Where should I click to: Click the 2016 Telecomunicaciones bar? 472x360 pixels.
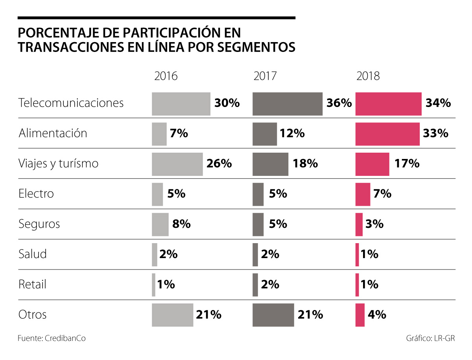[x=181, y=104]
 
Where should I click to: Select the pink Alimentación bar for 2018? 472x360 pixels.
[x=387, y=134]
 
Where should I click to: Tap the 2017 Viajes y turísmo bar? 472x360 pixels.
[x=270, y=164]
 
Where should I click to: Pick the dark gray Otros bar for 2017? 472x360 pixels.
[x=273, y=315]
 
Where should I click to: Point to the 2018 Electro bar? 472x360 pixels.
[x=363, y=194]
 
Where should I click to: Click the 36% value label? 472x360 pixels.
[x=339, y=103]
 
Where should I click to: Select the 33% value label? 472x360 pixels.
[x=436, y=134]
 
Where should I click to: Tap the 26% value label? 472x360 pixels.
[x=219, y=164]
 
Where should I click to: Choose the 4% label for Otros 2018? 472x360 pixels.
[x=377, y=315]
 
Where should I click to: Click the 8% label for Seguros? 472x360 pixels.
[x=181, y=224]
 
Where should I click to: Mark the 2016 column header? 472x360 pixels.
[x=166, y=76]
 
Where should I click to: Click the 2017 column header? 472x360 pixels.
[x=265, y=76]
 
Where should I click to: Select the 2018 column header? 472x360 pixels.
[x=368, y=76]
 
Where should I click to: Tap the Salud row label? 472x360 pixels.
[x=33, y=254]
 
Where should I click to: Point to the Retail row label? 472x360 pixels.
[x=33, y=284]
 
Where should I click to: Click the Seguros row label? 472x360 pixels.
[x=39, y=224]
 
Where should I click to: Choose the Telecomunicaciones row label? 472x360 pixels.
[x=71, y=103]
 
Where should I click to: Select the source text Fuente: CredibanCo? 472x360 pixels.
[x=52, y=338]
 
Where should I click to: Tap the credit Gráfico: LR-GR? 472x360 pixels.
[x=430, y=338]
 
